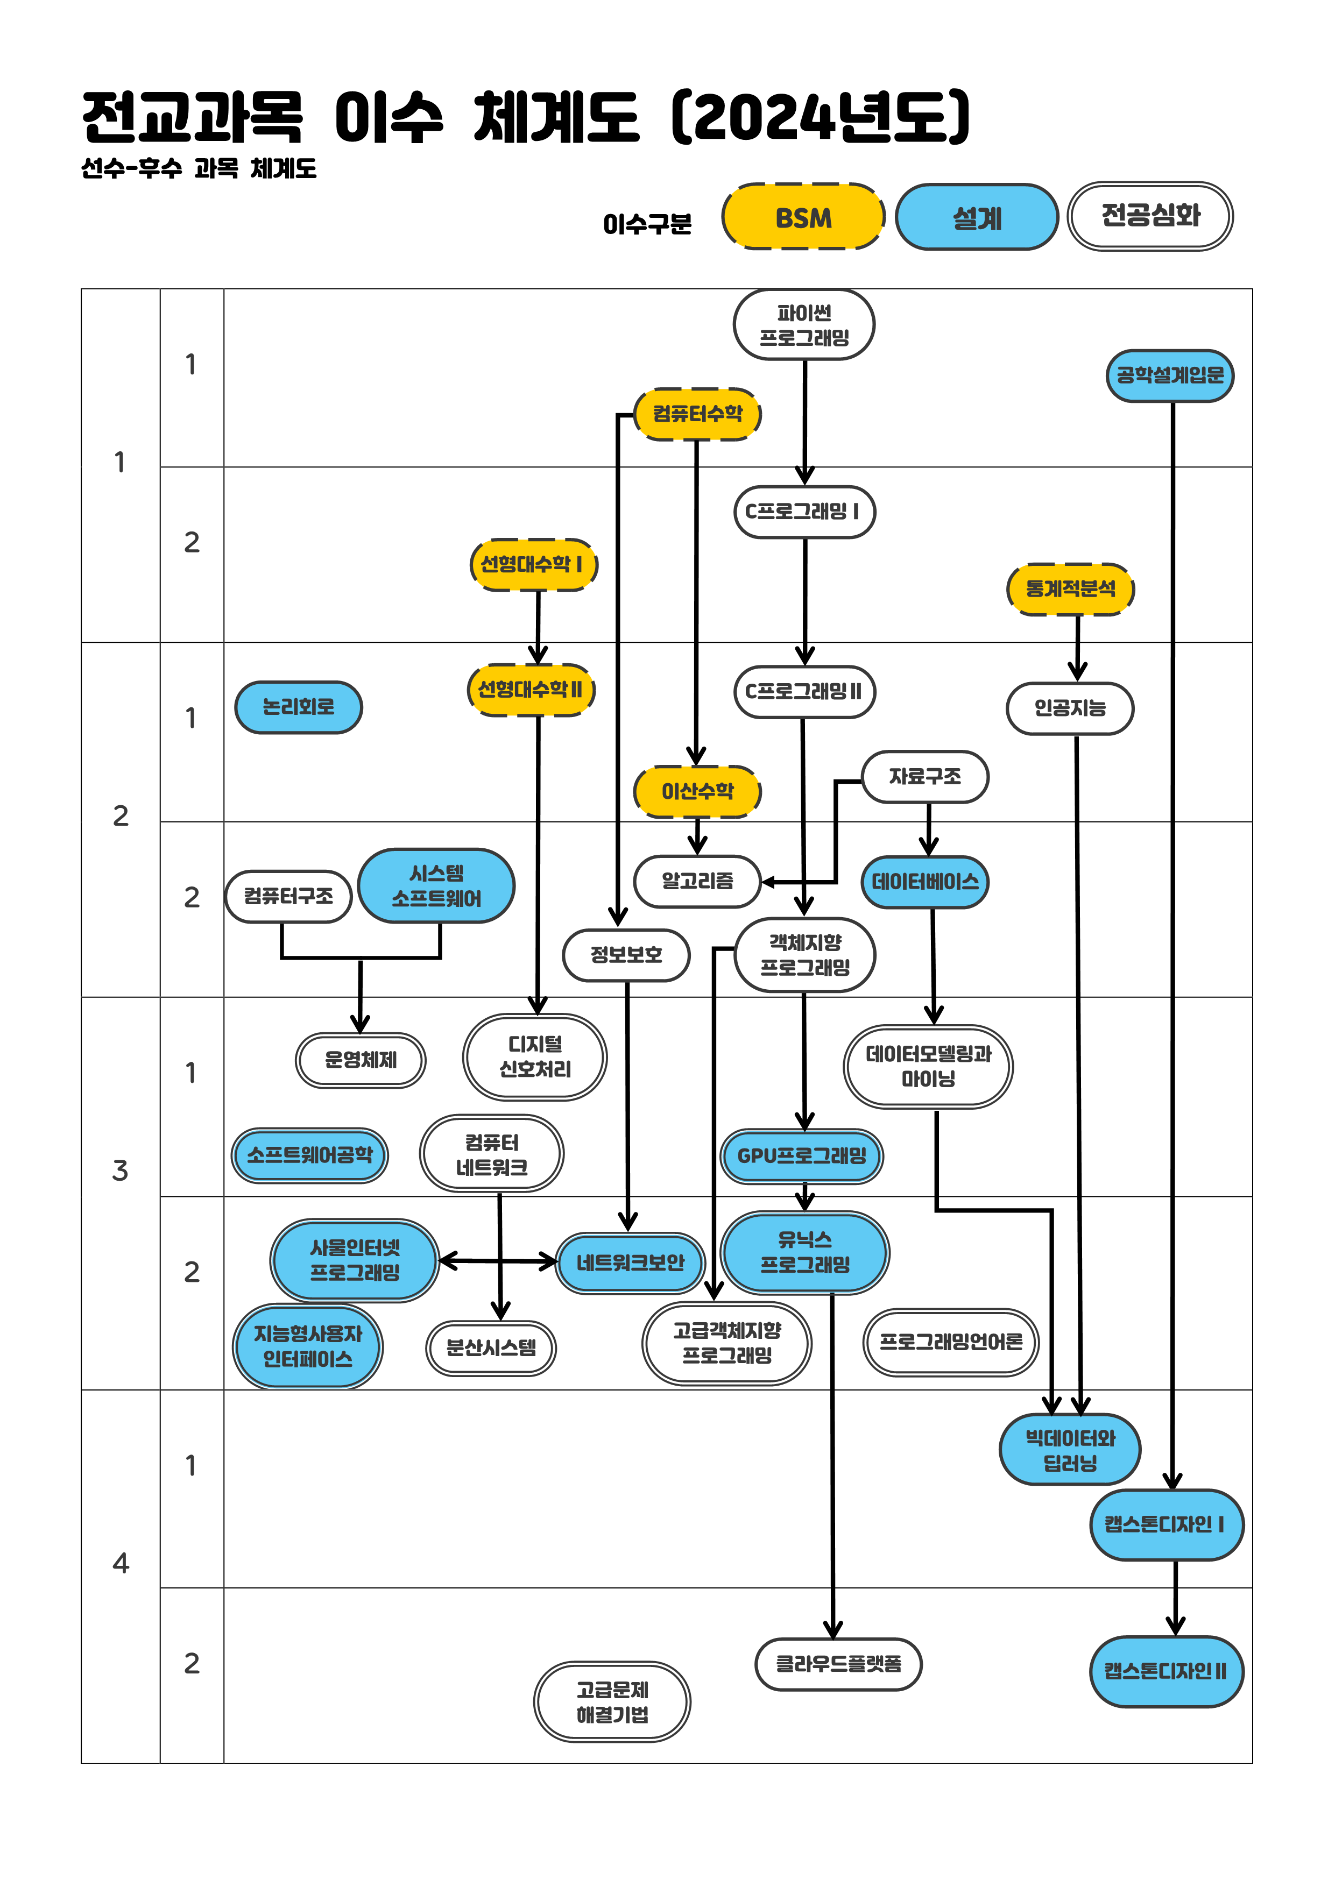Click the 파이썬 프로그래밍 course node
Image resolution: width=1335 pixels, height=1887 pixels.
[803, 325]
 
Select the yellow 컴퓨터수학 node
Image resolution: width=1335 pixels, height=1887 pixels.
[697, 414]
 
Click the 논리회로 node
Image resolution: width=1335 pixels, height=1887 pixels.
[299, 707]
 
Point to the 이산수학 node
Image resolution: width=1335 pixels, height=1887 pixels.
[697, 791]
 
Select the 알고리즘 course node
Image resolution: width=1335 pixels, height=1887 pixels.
[697, 881]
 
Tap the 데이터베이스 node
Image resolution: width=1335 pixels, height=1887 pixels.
[925, 882]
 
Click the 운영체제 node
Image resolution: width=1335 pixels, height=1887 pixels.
[360, 1060]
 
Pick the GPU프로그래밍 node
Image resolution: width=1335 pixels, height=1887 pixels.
[802, 1155]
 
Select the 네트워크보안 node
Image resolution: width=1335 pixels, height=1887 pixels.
[630, 1262]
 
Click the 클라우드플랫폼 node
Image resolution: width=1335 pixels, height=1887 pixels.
[838, 1664]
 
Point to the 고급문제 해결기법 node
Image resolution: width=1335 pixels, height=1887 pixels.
[612, 1701]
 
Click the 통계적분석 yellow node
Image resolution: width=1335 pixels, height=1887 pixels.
[1070, 588]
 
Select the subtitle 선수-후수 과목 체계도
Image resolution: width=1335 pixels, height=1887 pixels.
[199, 168]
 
